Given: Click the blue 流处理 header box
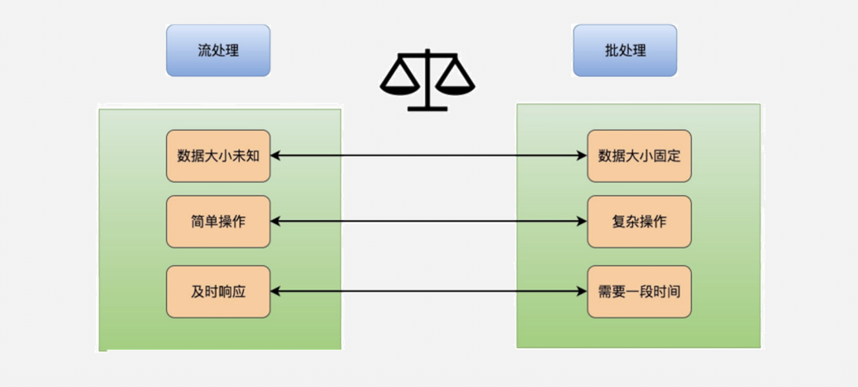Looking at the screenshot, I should (x=218, y=50).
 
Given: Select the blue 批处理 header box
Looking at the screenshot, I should (x=625, y=50).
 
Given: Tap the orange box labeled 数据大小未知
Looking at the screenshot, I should (x=218, y=155).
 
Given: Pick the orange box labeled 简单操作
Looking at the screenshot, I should (x=218, y=222).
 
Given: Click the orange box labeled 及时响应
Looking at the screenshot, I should (x=218, y=292).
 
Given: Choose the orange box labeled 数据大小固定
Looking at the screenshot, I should (x=639, y=155).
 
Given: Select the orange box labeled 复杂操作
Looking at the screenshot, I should (x=639, y=222).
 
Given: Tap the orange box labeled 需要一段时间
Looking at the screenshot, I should (x=639, y=292).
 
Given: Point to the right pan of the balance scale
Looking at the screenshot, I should (x=455, y=84).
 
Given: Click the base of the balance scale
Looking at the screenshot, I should (x=427, y=107).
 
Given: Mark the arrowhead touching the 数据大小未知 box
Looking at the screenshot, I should (x=276, y=155).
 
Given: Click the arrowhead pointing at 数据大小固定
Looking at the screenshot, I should (x=582, y=155).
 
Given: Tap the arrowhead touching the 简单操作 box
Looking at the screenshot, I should (x=276, y=222).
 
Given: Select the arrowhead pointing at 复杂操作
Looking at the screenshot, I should (x=582, y=222).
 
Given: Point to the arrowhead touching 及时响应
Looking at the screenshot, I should (x=276, y=292).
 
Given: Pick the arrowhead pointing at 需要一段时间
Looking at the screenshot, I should (x=582, y=292).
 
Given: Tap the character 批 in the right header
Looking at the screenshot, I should (x=611, y=50).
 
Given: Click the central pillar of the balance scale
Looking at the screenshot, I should (x=427, y=83).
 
